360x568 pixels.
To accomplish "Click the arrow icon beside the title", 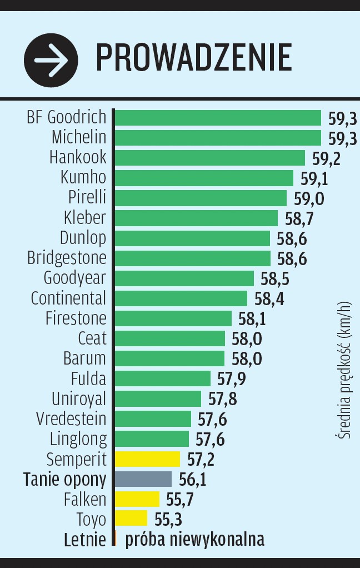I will point(51,59).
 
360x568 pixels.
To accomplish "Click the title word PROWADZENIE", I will point(194,58).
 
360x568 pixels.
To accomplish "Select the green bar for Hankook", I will point(210,158).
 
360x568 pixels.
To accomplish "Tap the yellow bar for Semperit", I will point(148,459).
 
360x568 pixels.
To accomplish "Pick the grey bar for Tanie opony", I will point(143,479).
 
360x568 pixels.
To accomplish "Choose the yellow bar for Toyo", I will point(131,519).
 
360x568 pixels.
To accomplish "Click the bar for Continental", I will point(181,298).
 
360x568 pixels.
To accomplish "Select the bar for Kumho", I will point(204,178).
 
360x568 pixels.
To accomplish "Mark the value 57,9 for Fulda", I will point(232,379).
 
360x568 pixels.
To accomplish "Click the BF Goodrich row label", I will point(67,117).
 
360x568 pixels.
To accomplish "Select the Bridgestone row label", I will point(67,258).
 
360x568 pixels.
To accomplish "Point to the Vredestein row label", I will point(71,418).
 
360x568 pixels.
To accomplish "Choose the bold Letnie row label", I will point(84,540).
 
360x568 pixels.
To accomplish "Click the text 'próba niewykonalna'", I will point(194,540).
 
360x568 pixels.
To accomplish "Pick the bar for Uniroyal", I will point(158,399).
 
